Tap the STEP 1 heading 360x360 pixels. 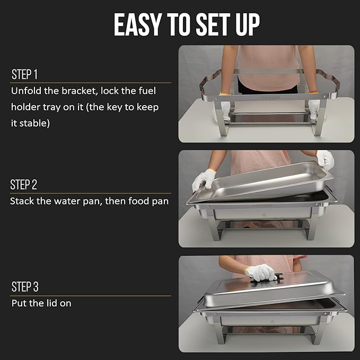click(x=24, y=75)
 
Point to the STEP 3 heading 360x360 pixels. click(x=25, y=287)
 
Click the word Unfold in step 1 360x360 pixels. click(x=25, y=91)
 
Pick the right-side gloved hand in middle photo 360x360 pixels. click(x=325, y=159)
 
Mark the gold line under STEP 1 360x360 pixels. click(x=91, y=83)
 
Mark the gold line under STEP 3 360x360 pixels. click(x=91, y=296)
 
